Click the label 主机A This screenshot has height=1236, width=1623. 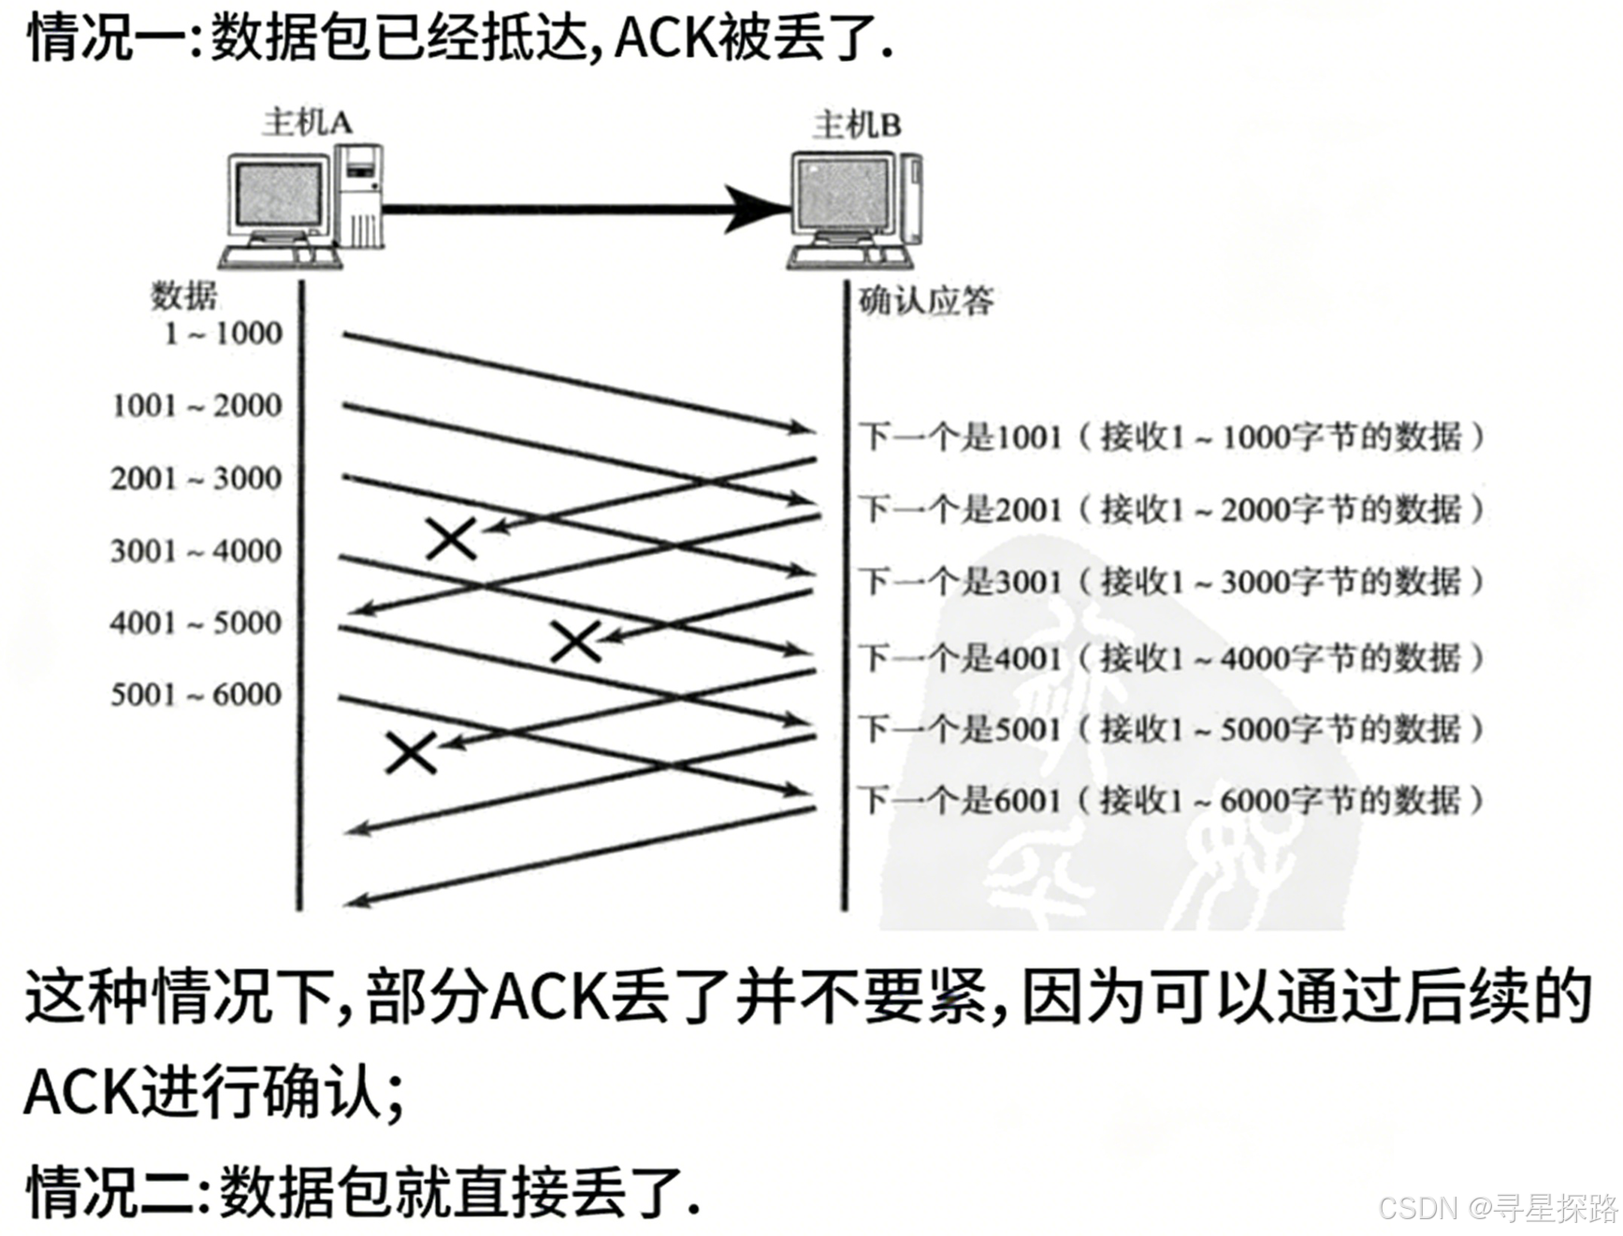[x=307, y=123]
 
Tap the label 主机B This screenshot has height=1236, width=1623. [x=856, y=124]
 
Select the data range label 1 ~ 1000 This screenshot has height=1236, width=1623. [x=223, y=333]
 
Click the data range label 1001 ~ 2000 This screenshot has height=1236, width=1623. [x=196, y=406]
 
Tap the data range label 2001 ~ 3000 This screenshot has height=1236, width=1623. [x=196, y=478]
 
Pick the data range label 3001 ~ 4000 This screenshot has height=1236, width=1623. [x=196, y=550]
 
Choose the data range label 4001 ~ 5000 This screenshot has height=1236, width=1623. [x=196, y=622]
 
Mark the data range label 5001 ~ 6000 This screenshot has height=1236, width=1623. [x=196, y=694]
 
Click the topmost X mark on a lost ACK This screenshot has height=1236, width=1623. [x=452, y=539]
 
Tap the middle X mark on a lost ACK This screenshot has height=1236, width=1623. [x=575, y=641]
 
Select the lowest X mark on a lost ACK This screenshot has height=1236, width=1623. [x=411, y=752]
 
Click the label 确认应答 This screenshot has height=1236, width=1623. [x=926, y=301]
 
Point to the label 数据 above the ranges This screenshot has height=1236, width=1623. [x=183, y=296]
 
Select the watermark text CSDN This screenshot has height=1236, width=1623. [x=1418, y=1207]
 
